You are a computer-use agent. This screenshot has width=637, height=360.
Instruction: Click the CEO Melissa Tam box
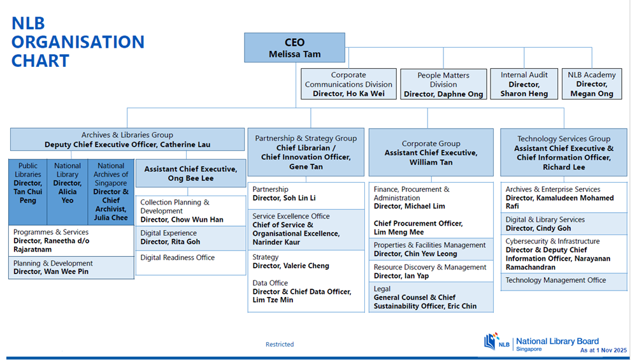pyautogui.click(x=294, y=48)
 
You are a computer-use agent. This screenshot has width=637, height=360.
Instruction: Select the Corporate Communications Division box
pyautogui.click(x=348, y=84)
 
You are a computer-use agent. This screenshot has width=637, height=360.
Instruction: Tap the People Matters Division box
pyautogui.click(x=443, y=84)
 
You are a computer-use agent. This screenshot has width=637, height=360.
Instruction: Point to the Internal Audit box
pyautogui.click(x=524, y=84)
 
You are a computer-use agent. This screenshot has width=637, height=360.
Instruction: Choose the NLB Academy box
pyautogui.click(x=591, y=84)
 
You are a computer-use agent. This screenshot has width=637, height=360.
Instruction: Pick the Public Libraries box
pyautogui.click(x=28, y=192)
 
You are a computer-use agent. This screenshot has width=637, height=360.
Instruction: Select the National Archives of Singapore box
pyautogui.click(x=111, y=192)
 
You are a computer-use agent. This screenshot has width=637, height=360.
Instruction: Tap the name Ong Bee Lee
pyautogui.click(x=190, y=178)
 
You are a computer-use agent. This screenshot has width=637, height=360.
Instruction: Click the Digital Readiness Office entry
pyautogui.click(x=178, y=257)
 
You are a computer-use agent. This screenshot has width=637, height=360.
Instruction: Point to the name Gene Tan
pyautogui.click(x=306, y=166)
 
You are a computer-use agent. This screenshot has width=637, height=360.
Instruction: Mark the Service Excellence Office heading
pyautogui.click(x=291, y=216)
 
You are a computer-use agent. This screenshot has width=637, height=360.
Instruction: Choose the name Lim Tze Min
pyautogui.click(x=273, y=300)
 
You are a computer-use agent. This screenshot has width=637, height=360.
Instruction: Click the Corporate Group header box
pyautogui.click(x=431, y=152)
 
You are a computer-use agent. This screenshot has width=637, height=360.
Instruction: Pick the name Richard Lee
pyautogui.click(x=564, y=167)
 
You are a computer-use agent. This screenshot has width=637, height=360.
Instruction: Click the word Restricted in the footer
pyautogui.click(x=280, y=345)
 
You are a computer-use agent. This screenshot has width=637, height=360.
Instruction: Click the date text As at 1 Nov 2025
pyautogui.click(x=603, y=350)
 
